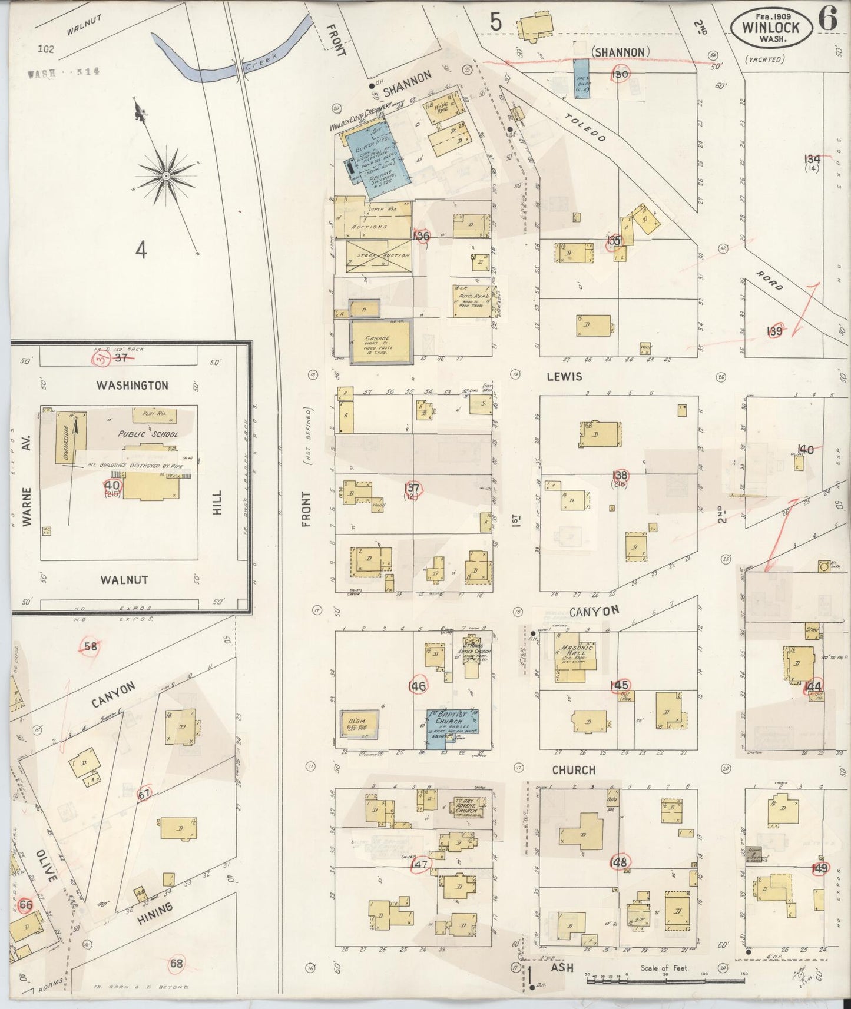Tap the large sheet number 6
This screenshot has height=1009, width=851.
click(827, 21)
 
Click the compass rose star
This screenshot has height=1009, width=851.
click(167, 176)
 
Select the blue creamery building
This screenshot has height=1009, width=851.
click(375, 159)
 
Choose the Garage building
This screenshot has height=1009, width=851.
click(381, 341)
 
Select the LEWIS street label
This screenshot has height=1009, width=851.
click(564, 377)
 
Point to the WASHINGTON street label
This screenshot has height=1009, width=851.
click(133, 386)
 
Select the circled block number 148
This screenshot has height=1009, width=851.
click(620, 862)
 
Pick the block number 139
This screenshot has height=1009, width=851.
click(774, 331)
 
